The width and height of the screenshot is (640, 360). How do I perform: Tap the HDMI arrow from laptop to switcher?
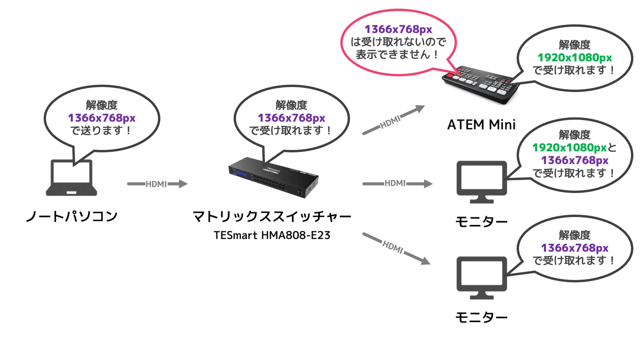pyautogui.click(x=157, y=184)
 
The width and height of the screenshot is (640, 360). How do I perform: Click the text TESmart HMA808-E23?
pyautogui.click(x=272, y=235)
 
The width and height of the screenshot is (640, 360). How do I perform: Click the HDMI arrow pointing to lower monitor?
pyautogui.click(x=395, y=247)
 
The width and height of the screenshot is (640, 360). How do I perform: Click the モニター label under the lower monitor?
pyautogui.click(x=482, y=318)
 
